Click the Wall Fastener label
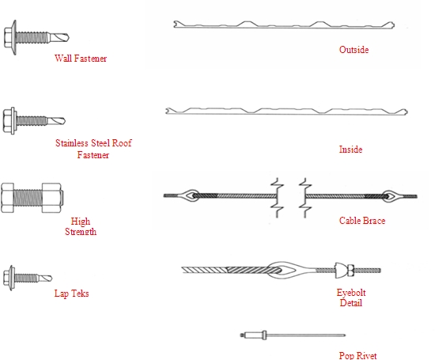(x=81, y=59)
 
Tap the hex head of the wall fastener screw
(x=9, y=37)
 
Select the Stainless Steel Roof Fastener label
(x=93, y=149)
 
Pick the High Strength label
(x=81, y=226)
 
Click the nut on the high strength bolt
(x=51, y=198)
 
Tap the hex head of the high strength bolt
(x=7, y=198)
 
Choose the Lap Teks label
(x=71, y=294)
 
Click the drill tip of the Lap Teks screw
(x=45, y=278)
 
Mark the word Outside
(x=354, y=50)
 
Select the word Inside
(x=350, y=150)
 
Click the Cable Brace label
(x=362, y=221)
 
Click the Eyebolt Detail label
(x=351, y=297)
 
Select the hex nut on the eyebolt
(x=350, y=270)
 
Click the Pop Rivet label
(x=357, y=355)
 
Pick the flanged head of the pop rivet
(x=264, y=335)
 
